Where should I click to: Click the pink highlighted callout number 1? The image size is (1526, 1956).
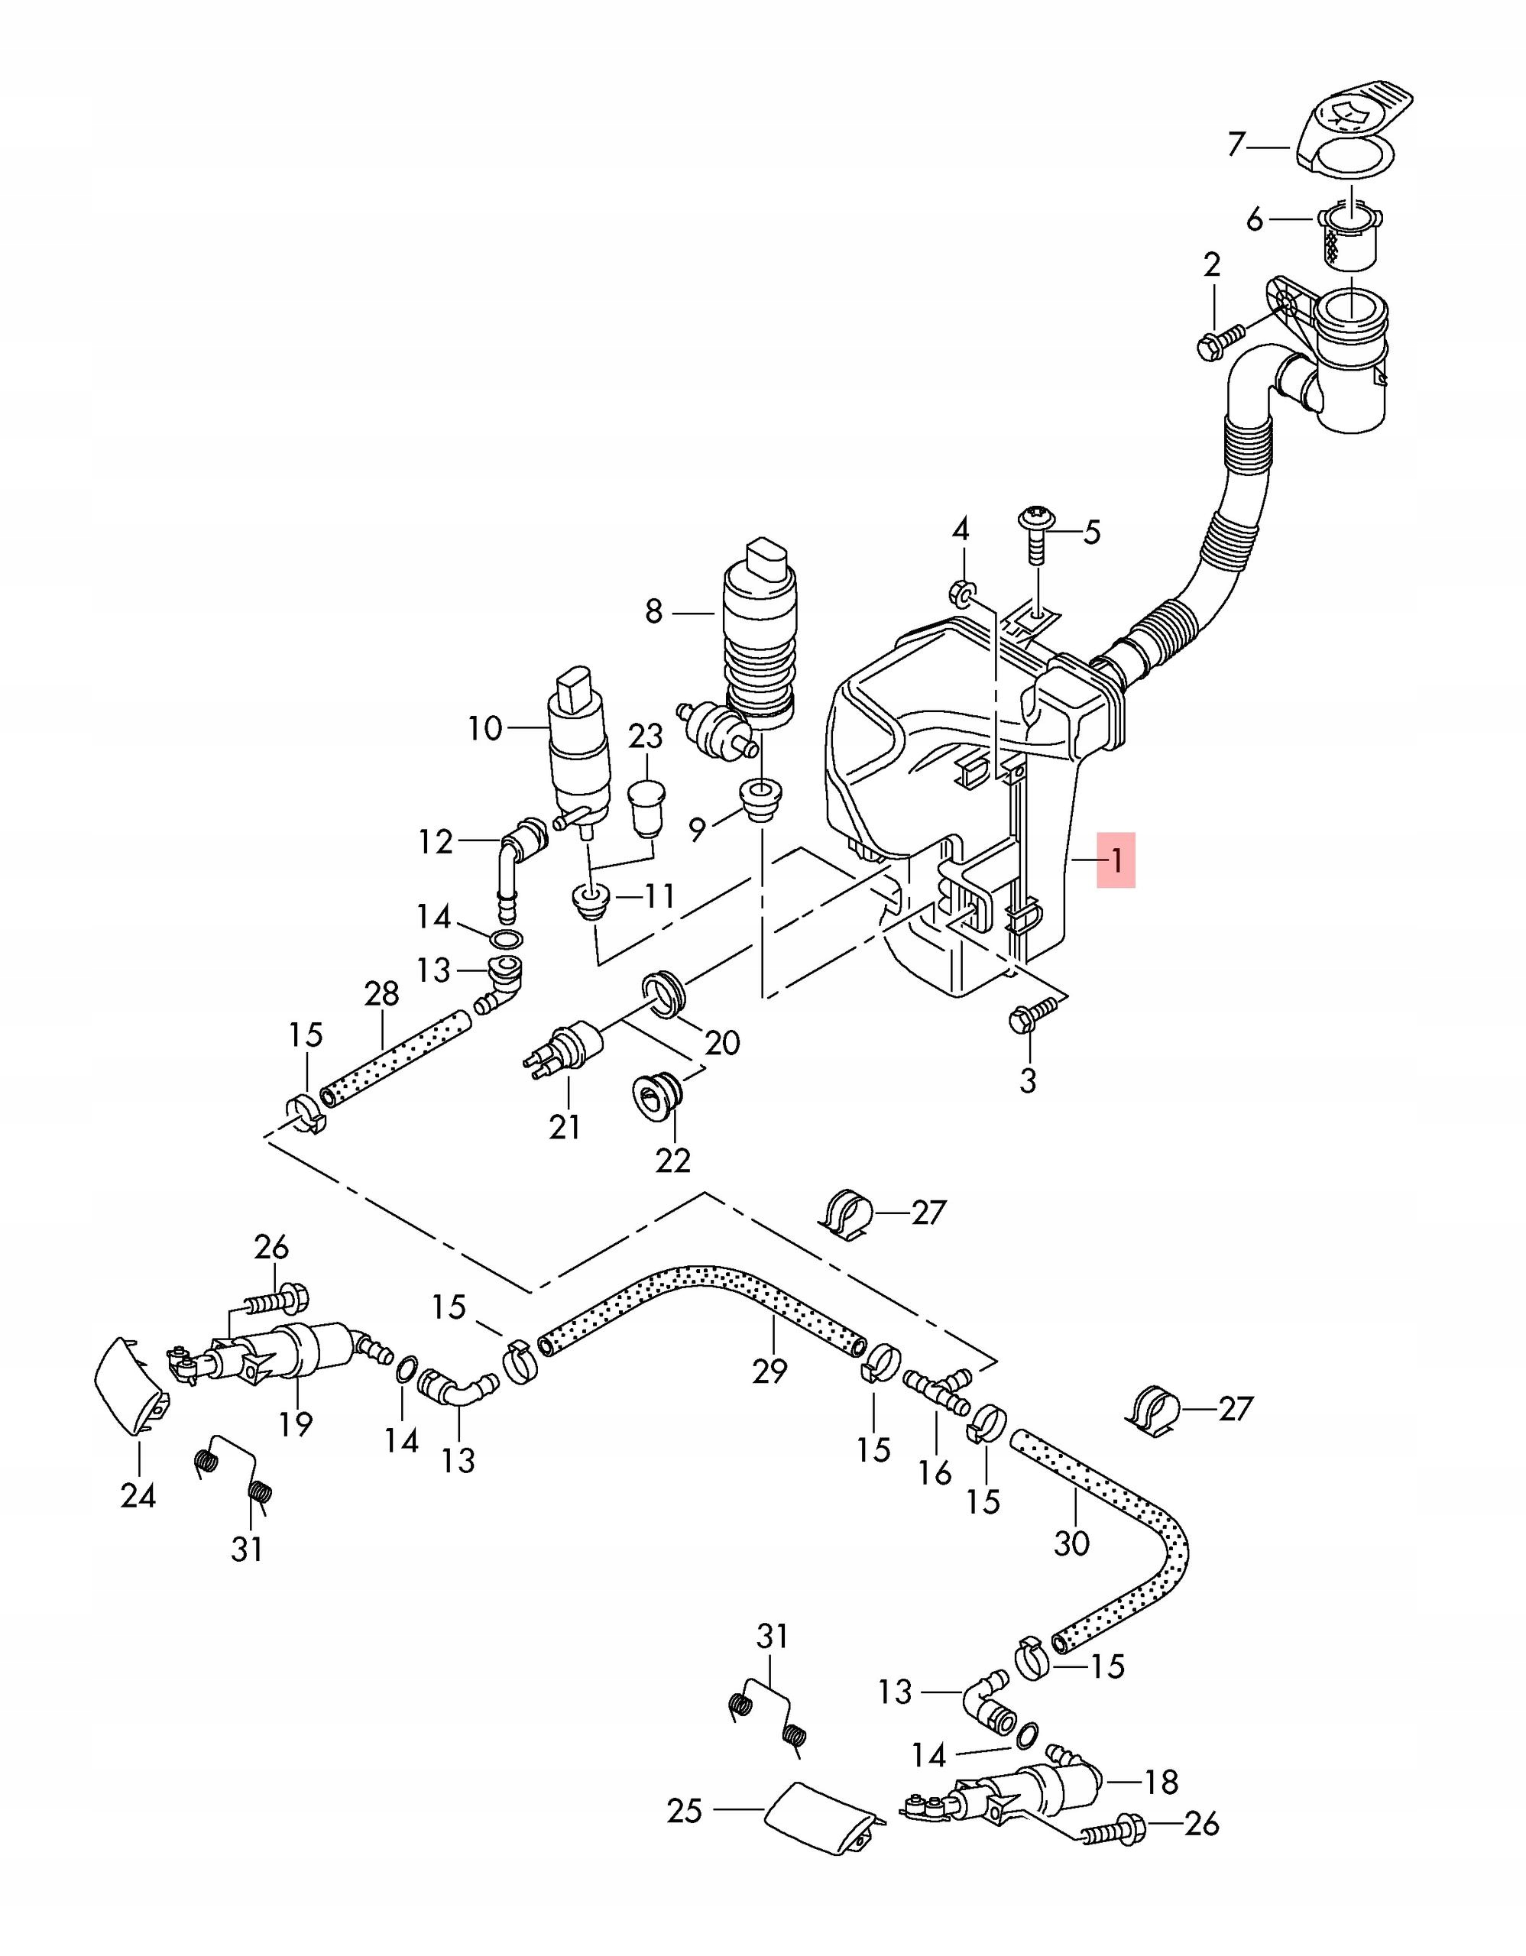[x=1116, y=860]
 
